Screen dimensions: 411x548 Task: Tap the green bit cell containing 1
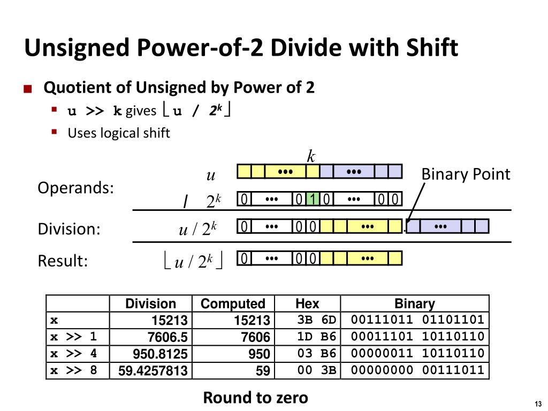coord(313,200)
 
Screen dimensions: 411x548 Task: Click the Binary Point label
coord(466,174)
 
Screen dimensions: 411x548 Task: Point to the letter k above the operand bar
coord(311,156)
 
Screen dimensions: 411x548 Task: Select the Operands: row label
coord(75,188)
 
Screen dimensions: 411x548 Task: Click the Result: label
coord(63,261)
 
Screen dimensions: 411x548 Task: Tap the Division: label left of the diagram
coord(69,229)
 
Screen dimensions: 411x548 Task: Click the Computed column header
coord(233,304)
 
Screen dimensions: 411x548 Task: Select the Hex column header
coord(307,304)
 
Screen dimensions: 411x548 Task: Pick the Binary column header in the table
coord(414,304)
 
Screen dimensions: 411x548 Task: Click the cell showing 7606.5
coord(168,337)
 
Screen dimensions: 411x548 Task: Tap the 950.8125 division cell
coord(161,354)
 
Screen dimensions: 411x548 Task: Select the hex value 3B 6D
coord(317,321)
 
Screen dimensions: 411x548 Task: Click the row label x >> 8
coord(74,370)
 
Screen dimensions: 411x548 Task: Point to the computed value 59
coord(262,370)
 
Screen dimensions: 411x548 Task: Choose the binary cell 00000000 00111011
coord(417,370)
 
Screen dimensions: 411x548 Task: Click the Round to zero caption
coord(255,398)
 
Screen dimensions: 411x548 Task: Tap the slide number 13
coord(538,404)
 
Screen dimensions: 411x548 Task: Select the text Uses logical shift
coord(118,133)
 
